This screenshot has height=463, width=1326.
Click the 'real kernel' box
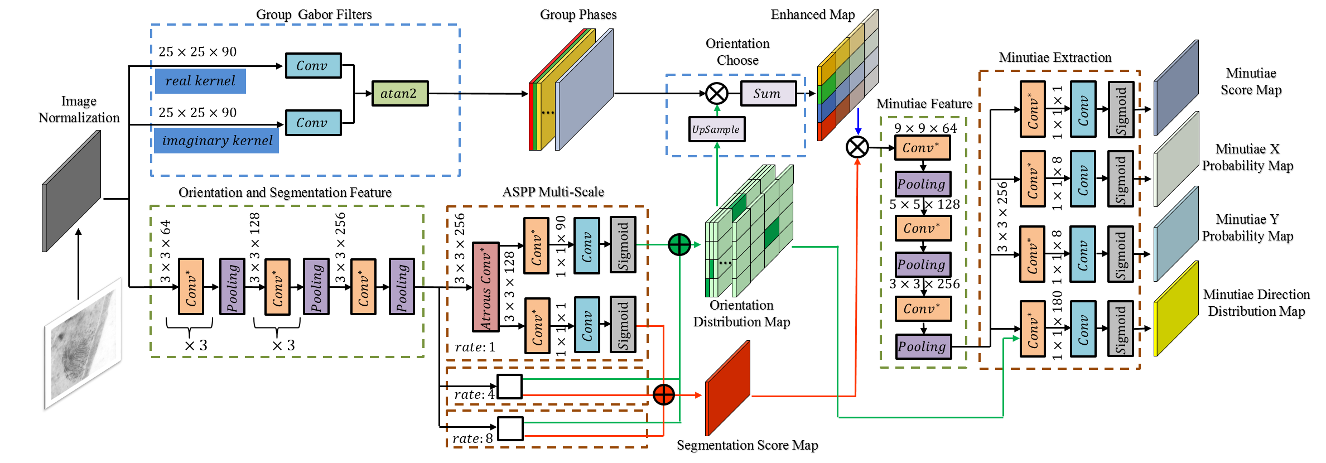(x=200, y=81)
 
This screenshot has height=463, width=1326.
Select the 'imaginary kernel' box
(x=216, y=141)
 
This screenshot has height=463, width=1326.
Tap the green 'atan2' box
(x=399, y=94)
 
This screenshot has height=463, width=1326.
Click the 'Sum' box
(x=768, y=94)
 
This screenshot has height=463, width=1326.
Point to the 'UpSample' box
(x=716, y=129)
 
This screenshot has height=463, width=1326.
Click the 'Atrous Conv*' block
(x=485, y=287)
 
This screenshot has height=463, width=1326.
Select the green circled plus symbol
(x=679, y=244)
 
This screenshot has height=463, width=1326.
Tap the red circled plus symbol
(x=663, y=395)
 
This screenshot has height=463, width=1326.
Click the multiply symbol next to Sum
(x=717, y=93)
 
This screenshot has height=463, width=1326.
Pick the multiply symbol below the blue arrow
(x=857, y=147)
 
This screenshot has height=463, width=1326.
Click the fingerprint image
(x=84, y=343)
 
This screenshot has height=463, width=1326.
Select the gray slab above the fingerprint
(x=71, y=191)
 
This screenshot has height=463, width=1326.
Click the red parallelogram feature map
(x=728, y=388)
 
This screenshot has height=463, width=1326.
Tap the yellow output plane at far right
(x=1176, y=308)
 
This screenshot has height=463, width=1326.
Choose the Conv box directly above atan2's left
(x=313, y=66)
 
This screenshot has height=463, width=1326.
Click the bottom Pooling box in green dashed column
(x=923, y=346)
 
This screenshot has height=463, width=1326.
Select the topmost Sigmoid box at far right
(x=1121, y=109)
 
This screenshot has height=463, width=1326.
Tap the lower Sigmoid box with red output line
(x=623, y=325)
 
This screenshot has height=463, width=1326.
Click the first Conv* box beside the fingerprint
(x=191, y=287)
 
